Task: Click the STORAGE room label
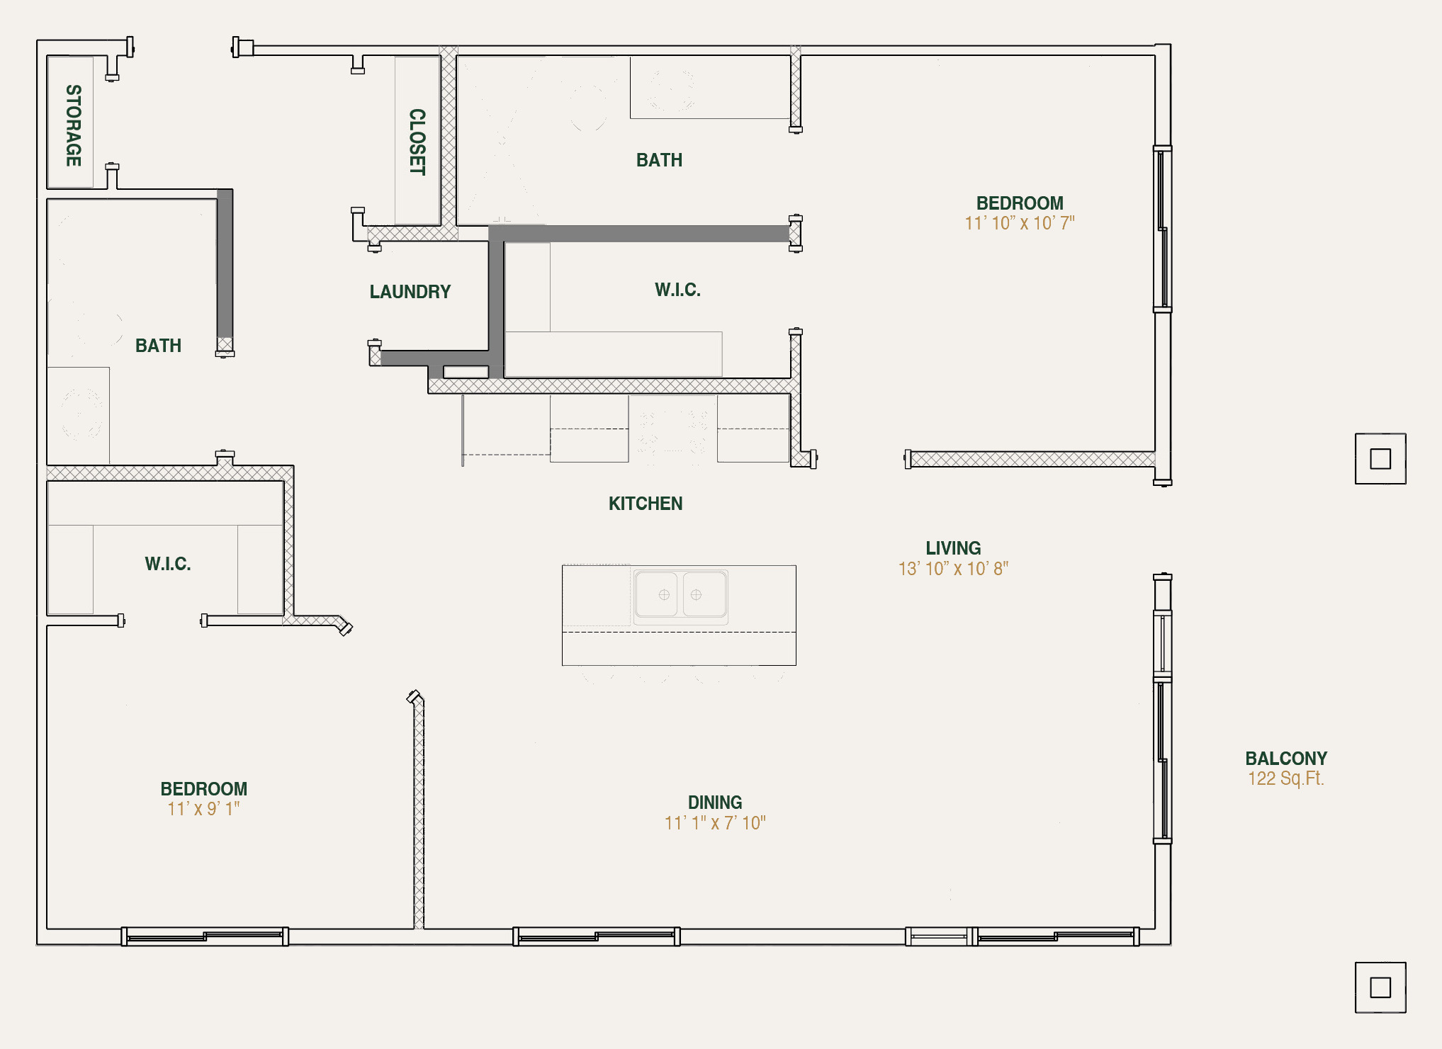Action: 74,125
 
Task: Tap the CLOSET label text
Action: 417,142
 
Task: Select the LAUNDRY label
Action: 410,292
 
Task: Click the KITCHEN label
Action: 645,504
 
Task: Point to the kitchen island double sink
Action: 680,595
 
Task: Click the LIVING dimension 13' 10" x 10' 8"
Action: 953,569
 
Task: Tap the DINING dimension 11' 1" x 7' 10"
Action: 715,823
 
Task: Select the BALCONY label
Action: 1286,759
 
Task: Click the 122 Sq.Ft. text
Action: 1286,778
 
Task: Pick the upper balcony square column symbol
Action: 1380,459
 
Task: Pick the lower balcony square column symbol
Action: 1380,987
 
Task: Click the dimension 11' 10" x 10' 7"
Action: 1020,223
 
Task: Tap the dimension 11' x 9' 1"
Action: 204,809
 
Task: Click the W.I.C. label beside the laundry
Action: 677,290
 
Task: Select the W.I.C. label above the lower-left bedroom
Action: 168,564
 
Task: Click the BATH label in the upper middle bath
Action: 659,160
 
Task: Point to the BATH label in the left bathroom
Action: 158,346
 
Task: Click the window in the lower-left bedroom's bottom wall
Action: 205,936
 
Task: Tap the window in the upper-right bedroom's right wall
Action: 1162,229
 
